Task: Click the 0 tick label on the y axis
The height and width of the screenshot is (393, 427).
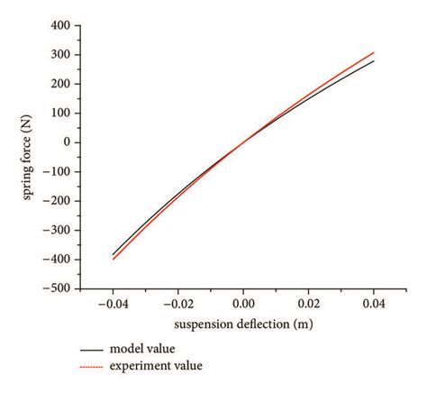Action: click(66, 142)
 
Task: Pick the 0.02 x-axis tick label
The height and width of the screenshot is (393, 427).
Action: click(309, 306)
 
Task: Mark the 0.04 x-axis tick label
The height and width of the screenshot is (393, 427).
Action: click(373, 306)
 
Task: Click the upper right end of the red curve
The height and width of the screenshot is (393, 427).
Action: click(373, 52)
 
